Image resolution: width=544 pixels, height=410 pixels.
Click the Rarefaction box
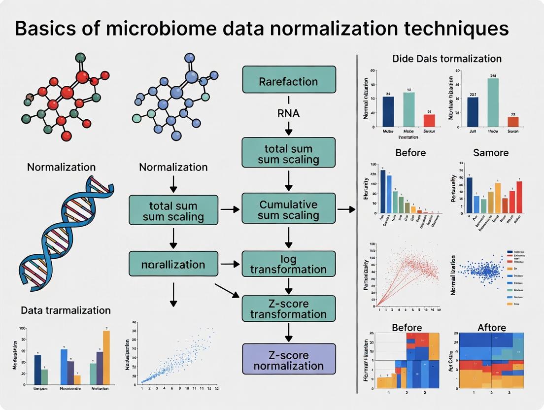[289, 79]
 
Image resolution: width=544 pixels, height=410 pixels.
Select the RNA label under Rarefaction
[289, 114]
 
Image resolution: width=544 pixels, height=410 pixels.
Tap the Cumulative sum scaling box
[289, 210]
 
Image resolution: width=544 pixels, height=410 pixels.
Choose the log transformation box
[289, 264]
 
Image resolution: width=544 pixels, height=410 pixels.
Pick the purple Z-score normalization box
[289, 360]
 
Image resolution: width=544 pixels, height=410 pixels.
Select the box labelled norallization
[173, 264]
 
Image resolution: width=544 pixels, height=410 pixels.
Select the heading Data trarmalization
[66, 310]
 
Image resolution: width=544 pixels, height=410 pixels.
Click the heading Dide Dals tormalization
[446, 59]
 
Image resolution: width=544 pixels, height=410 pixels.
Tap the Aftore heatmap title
[491, 328]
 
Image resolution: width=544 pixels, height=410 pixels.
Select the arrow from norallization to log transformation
[228, 264]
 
